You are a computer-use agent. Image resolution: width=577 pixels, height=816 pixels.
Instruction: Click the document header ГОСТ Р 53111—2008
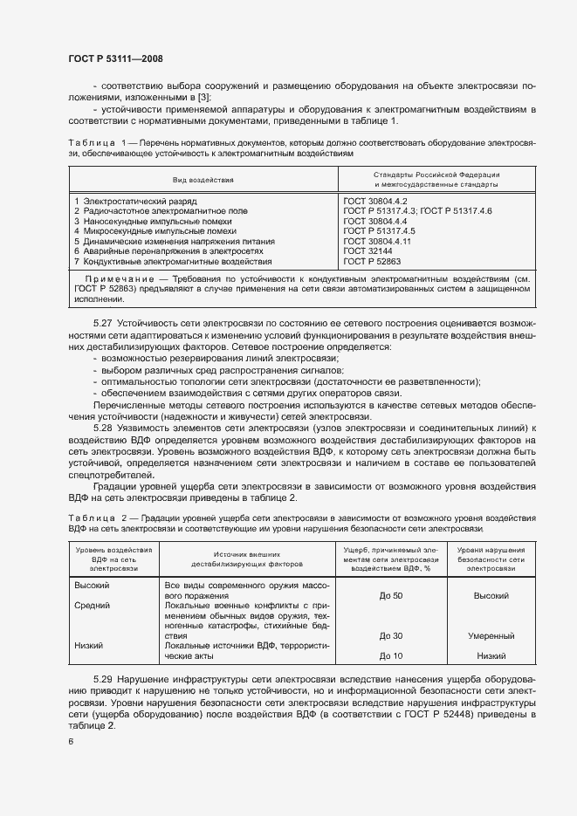pyautogui.click(x=115, y=58)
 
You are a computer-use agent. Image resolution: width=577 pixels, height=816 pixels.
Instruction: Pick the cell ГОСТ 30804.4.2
pyautogui.click(x=376, y=201)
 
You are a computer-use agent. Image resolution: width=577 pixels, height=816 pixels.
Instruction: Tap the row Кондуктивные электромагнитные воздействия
pyautogui.click(x=173, y=261)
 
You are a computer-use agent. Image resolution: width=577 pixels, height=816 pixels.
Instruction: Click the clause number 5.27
pyautogui.click(x=104, y=324)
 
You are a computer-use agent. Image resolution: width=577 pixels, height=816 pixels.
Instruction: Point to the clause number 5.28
pyautogui.click(x=104, y=428)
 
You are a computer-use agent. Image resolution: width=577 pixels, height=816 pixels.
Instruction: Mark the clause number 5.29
pyautogui.click(x=104, y=678)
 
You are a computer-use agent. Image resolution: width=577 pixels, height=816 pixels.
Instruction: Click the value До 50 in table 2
pyautogui.click(x=390, y=594)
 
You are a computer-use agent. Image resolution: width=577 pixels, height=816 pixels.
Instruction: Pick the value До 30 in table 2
pyautogui.click(x=390, y=636)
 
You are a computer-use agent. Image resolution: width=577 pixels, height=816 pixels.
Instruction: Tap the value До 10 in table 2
pyautogui.click(x=390, y=656)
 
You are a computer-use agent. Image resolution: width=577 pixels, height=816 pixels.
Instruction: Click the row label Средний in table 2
pyautogui.click(x=92, y=605)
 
